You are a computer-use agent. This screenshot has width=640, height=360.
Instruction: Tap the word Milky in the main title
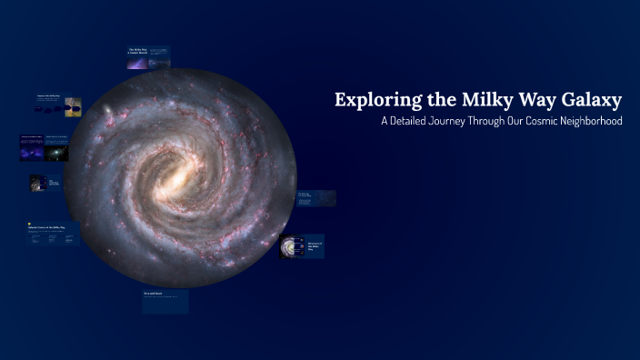(x=472, y=100)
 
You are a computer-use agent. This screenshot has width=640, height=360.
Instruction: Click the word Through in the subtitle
(x=513, y=122)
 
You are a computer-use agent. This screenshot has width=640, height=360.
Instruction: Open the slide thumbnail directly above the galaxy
(x=148, y=57)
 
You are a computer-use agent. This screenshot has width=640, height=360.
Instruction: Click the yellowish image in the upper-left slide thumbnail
(x=73, y=105)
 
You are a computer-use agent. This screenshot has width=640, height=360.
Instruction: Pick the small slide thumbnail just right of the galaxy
(x=315, y=198)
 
